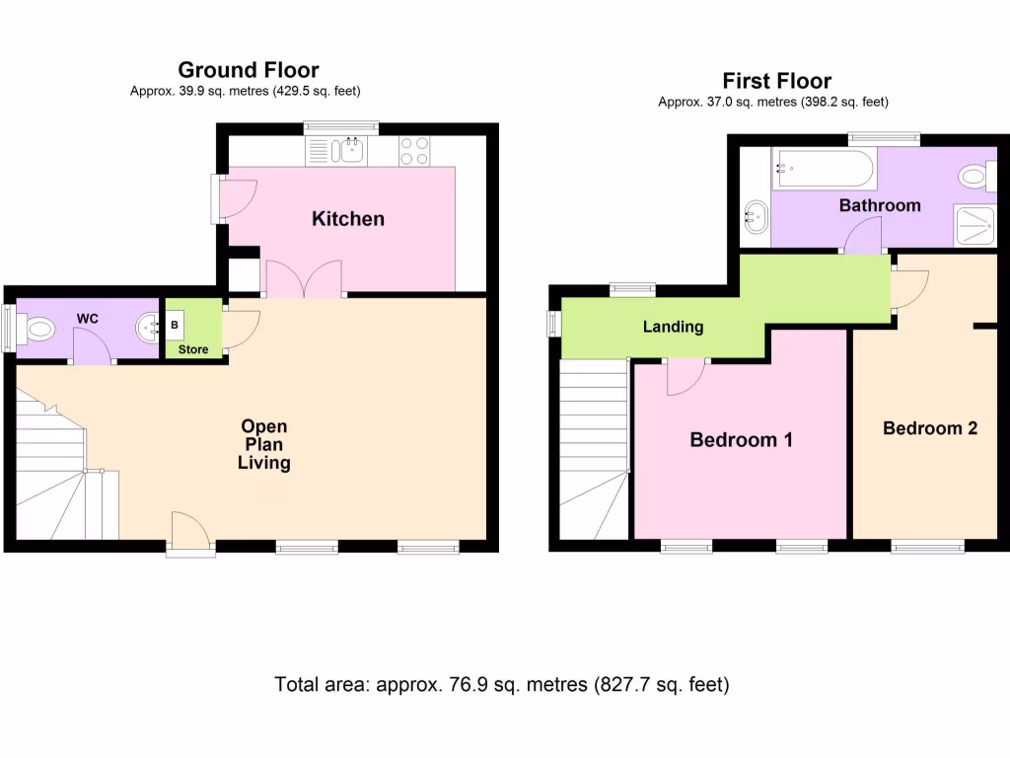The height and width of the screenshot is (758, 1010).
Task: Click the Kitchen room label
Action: [x=348, y=219]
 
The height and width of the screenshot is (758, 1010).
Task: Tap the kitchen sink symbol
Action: [x=348, y=151]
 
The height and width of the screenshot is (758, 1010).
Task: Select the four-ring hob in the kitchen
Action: [x=414, y=151]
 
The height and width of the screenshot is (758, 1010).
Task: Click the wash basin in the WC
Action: [x=148, y=329]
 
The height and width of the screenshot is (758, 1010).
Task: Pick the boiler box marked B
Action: [x=175, y=325]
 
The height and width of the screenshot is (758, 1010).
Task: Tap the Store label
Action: [x=193, y=349]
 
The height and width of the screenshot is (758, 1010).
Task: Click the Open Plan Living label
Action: [x=264, y=444]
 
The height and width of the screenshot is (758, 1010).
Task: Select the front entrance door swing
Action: [x=190, y=531]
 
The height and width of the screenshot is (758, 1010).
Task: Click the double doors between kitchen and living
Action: [x=304, y=278]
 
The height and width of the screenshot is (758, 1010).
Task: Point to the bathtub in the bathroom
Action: [x=824, y=170]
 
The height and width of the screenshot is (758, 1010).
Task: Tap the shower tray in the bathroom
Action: [x=975, y=226]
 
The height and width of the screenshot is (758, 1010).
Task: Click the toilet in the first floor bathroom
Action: [x=976, y=176]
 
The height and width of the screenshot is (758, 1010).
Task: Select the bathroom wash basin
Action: [x=756, y=216]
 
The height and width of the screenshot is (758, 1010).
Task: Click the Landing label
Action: [x=673, y=327]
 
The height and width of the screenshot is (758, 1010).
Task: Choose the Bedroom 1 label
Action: [x=741, y=439]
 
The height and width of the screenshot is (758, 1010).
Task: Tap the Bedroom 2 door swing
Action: [x=909, y=290]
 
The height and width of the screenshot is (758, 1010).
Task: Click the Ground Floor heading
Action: [x=249, y=70]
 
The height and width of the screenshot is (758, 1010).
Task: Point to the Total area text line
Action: [x=502, y=684]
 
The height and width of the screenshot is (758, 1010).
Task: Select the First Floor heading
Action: [x=777, y=81]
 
